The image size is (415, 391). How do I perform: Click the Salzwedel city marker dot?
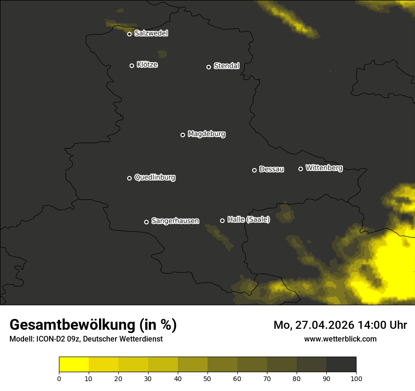point(129,34)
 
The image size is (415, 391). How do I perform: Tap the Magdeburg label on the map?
point(206,134)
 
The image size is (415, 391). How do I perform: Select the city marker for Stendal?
point(208,67)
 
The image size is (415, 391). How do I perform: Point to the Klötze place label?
point(147,65)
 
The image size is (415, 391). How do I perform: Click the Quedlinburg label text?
point(155,178)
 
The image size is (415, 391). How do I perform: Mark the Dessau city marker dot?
point(254,170)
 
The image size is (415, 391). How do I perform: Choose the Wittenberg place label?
point(324,168)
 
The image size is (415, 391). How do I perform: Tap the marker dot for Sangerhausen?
point(146,222)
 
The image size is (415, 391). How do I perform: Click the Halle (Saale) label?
point(249,220)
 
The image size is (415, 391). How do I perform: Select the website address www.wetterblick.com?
point(340,339)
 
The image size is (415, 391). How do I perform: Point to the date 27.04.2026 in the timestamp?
point(325,325)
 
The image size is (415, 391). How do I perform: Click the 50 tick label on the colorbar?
point(207,378)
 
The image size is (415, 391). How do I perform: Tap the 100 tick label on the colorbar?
point(356,378)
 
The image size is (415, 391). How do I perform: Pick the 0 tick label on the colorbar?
point(59,378)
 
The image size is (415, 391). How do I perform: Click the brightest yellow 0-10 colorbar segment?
point(74,364)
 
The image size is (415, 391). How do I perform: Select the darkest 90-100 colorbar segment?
point(341,364)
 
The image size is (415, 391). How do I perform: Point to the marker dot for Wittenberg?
point(300,169)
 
